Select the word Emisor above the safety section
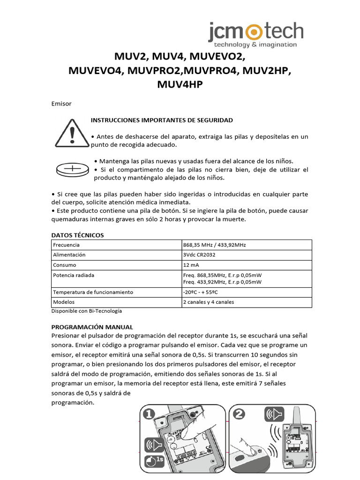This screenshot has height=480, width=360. tap(61, 104)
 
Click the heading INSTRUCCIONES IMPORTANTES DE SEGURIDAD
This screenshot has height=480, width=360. tap(162, 120)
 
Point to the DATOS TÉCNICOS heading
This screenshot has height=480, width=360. tap(77, 235)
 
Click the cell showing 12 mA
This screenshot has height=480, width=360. tap(193, 265)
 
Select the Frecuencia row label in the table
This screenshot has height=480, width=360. tap(66, 245)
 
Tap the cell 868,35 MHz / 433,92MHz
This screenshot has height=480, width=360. tap(215, 245)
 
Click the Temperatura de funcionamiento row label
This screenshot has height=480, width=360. tap(93, 292)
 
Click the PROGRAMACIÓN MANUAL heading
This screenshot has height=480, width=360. tap(92, 327)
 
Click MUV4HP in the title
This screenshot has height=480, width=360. tap(180, 85)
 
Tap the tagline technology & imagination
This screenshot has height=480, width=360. tap(255, 45)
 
